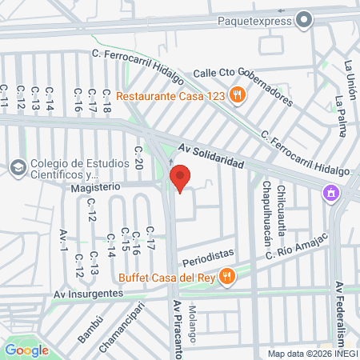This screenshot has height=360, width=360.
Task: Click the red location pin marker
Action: click(x=181, y=178)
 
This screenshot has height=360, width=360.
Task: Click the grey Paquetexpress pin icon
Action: click(x=304, y=19)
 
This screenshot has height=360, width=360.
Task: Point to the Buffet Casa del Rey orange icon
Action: click(x=228, y=277)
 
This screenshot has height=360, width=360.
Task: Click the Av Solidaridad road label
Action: click(x=210, y=155)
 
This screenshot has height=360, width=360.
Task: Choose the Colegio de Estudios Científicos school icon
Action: click(x=18, y=167)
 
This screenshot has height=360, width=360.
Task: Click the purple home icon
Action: click(x=330, y=193)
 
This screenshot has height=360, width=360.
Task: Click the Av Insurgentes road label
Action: click(x=89, y=293)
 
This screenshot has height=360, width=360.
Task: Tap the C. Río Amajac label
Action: click(x=298, y=246)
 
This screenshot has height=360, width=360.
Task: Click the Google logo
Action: click(x=26, y=350)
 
